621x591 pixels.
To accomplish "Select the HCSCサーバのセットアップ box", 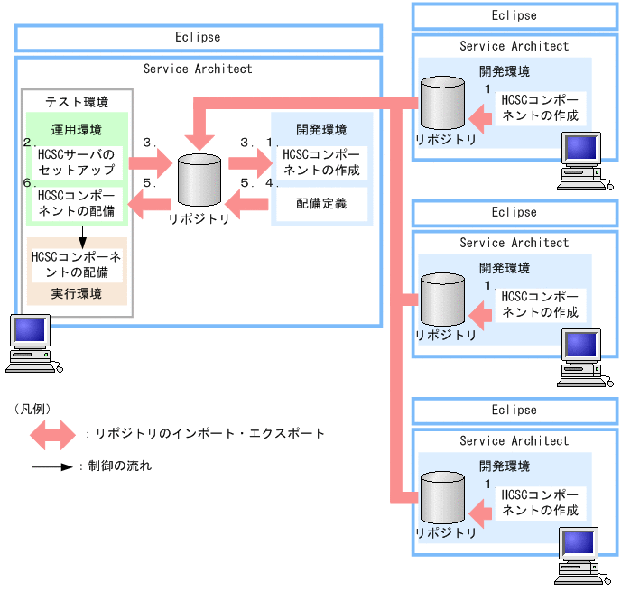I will (76, 162).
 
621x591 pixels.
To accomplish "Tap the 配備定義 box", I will (320, 204).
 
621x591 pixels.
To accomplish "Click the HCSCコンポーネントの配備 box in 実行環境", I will (76, 263).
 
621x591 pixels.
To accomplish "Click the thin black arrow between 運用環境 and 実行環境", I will (82, 235).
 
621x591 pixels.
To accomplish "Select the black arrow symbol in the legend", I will (51, 467).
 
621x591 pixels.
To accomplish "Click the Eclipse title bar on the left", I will (198, 38).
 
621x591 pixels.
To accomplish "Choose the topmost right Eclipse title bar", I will (514, 15).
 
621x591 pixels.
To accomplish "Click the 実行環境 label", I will (76, 294).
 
